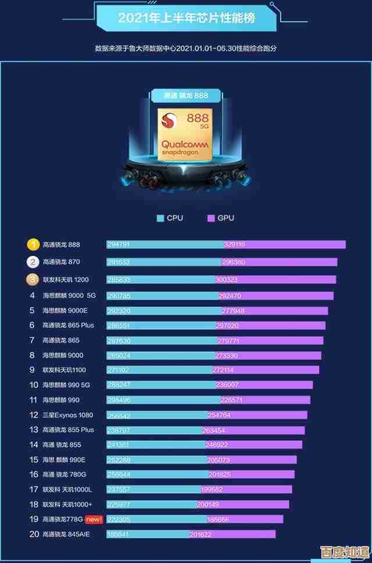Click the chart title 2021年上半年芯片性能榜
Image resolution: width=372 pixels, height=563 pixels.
coord(186,19)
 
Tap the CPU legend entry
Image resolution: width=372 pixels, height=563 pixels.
coord(169,218)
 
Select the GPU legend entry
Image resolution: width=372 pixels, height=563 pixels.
coord(220,218)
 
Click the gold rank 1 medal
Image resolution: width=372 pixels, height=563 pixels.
coord(33,245)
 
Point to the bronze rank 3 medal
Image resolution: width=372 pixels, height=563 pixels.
coord(33,280)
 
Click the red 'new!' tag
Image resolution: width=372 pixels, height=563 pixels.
coord(93,519)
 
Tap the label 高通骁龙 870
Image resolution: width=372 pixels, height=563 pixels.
coord(61,262)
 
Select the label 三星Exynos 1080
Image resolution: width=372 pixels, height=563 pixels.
coord(67,415)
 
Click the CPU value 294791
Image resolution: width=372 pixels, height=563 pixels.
coord(119,245)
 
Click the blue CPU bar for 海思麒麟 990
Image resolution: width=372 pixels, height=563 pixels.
coord(163,400)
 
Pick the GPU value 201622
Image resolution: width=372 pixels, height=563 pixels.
coord(201,534)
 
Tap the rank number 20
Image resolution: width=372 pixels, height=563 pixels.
coord(33,534)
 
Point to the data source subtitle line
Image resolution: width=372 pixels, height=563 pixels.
coord(186,48)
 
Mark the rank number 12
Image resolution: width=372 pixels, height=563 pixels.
coord(33,415)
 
